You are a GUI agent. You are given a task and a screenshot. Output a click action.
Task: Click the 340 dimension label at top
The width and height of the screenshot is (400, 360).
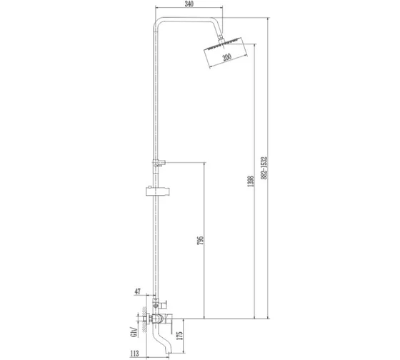[x=189, y=4]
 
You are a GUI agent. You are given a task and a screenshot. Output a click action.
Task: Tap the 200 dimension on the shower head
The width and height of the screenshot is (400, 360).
[x=227, y=57]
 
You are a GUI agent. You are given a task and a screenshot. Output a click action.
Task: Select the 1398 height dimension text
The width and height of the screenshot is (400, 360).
[x=251, y=181]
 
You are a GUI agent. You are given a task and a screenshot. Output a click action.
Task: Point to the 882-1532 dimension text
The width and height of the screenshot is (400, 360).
[x=264, y=168]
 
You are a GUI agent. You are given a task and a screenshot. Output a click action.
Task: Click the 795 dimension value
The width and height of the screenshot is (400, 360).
[x=201, y=241]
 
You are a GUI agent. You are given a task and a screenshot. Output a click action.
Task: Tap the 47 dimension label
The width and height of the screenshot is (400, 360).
[x=138, y=291]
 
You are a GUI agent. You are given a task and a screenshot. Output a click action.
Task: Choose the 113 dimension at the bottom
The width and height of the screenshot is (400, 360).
[x=134, y=354]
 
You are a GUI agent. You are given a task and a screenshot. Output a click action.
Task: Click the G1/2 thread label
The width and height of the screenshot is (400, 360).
[x=134, y=331]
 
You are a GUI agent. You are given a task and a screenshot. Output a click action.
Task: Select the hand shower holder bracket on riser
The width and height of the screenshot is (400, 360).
[x=158, y=191]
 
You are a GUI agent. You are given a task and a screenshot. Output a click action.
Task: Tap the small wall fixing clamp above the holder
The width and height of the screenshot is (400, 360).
[x=159, y=163]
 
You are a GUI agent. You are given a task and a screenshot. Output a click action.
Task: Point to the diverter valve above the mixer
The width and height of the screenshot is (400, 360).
[x=159, y=304]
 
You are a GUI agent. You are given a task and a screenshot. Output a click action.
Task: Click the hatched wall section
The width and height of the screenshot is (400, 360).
[x=144, y=319]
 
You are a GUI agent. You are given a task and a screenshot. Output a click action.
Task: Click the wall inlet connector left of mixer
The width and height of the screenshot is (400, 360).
[x=146, y=319]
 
